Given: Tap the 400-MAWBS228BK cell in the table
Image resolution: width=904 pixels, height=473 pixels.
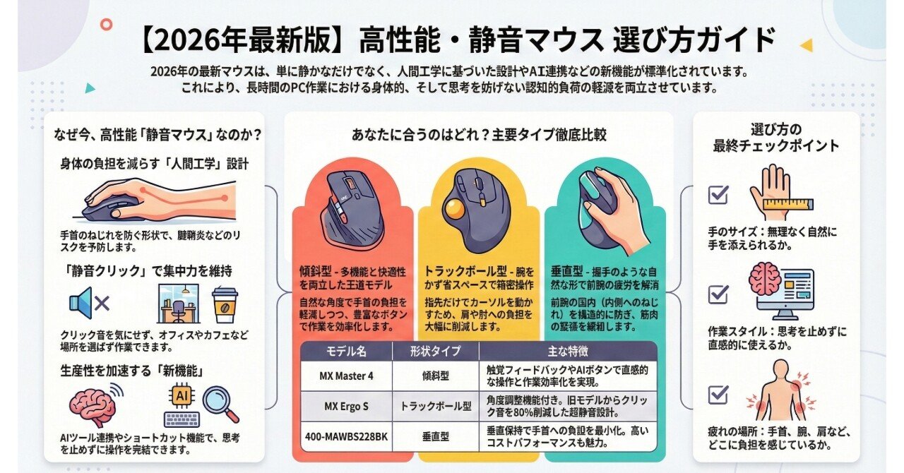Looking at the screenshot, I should coord(346,436).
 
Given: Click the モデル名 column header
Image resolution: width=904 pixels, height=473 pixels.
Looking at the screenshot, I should coord(346,351).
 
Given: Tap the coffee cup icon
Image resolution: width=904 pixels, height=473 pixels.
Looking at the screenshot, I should coord(225,304).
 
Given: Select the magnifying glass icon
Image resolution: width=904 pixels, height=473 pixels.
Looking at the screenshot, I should coord(220,404).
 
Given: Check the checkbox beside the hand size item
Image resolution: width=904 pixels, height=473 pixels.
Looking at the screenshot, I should coord(718,194).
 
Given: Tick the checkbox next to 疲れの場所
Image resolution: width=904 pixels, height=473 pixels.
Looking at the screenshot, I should coord(718,394).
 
